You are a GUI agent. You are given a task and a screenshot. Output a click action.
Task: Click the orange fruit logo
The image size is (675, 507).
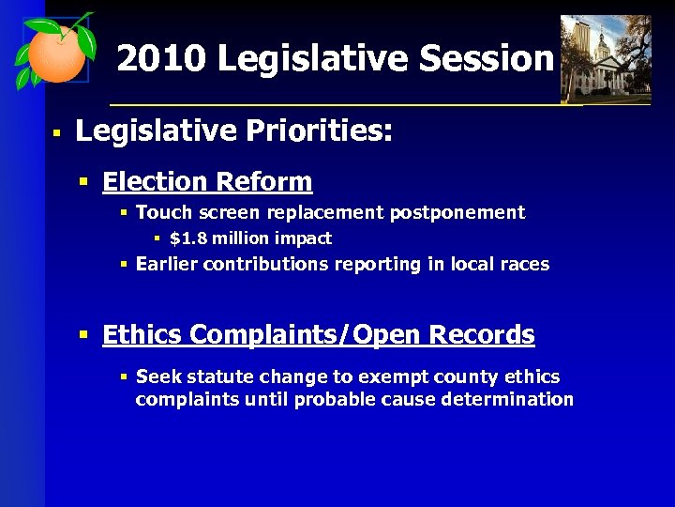point(56,52)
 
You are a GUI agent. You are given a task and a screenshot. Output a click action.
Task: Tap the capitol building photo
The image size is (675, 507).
point(605,58)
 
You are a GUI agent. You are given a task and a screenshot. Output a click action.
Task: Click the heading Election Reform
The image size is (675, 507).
point(207,181)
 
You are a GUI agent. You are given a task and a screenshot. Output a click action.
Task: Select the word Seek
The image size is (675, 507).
point(157,376)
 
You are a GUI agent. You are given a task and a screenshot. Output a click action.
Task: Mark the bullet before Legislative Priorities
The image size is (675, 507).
point(56,134)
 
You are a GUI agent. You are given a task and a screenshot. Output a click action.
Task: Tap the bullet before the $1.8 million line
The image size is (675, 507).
point(157,238)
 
